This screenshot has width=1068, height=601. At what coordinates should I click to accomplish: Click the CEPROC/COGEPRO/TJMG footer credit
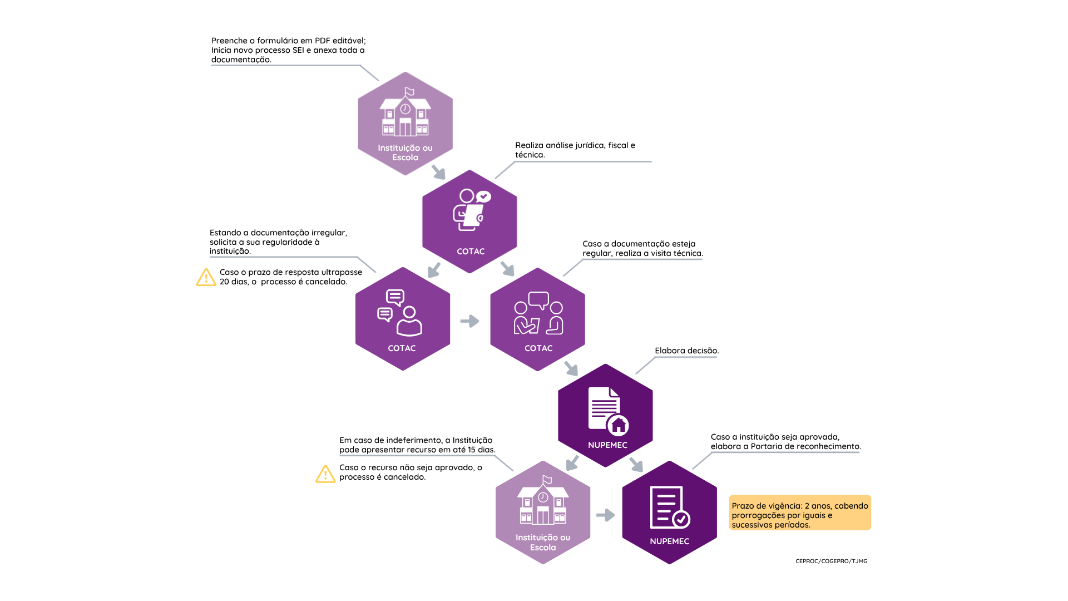831,561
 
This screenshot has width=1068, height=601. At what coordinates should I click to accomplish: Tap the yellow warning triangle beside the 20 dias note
206,277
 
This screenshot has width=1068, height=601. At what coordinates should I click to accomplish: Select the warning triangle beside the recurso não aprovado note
325,474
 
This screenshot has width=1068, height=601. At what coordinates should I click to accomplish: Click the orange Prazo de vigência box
800,513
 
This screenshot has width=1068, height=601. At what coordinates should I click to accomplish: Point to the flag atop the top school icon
409,91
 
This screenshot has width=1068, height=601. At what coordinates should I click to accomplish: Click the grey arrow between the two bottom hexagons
606,515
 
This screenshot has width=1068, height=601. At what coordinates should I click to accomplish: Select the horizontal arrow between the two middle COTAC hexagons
470,321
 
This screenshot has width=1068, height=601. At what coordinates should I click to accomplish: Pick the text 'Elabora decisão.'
687,351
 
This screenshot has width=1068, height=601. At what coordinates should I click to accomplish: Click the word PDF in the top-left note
323,41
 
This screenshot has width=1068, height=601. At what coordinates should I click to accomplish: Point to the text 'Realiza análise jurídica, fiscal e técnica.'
575,150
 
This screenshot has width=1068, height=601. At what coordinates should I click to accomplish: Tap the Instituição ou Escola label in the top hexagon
405,152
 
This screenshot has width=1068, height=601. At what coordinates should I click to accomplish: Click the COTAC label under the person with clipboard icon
471,252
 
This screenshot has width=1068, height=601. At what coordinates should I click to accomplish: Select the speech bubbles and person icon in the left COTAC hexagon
399,313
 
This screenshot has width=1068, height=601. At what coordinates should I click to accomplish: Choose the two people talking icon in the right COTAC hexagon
538,313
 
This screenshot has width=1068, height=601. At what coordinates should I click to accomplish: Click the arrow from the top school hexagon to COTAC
439,172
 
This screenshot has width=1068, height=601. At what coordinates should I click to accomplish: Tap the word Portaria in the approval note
767,446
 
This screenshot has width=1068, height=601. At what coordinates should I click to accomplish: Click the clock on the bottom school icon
543,497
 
